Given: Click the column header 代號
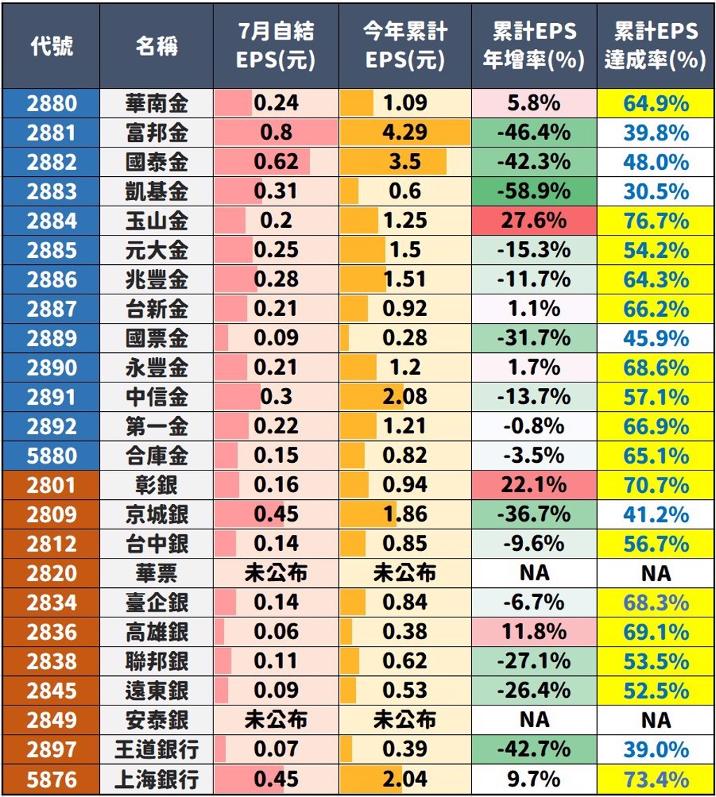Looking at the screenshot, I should [x=51, y=46].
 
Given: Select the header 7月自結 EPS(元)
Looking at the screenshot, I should [x=275, y=46].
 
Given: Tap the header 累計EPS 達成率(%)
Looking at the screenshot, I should [x=655, y=46].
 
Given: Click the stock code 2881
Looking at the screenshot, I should [x=51, y=133].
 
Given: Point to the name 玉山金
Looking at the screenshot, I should [x=157, y=221].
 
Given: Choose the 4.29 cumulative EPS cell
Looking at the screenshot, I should [x=405, y=133].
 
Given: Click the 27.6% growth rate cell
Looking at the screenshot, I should [x=534, y=221].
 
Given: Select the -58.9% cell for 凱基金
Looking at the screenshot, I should [x=534, y=192].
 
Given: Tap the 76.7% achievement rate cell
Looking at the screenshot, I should [x=655, y=221].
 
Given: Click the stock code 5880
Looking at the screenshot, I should [x=51, y=456].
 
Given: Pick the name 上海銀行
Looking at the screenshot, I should [x=157, y=779].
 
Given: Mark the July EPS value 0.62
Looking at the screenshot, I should [x=275, y=162].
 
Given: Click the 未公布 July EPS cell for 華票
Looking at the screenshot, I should [x=275, y=573].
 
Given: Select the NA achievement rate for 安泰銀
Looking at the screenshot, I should [x=655, y=720].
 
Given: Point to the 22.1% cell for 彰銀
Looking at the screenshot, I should [x=534, y=485].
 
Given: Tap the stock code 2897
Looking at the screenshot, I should [x=51, y=749].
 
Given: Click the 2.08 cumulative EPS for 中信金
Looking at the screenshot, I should [x=405, y=397].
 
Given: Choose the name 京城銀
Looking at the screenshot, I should [x=157, y=515].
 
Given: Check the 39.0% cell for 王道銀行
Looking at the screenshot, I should [x=655, y=749].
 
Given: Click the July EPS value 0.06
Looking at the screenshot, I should [x=275, y=632].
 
